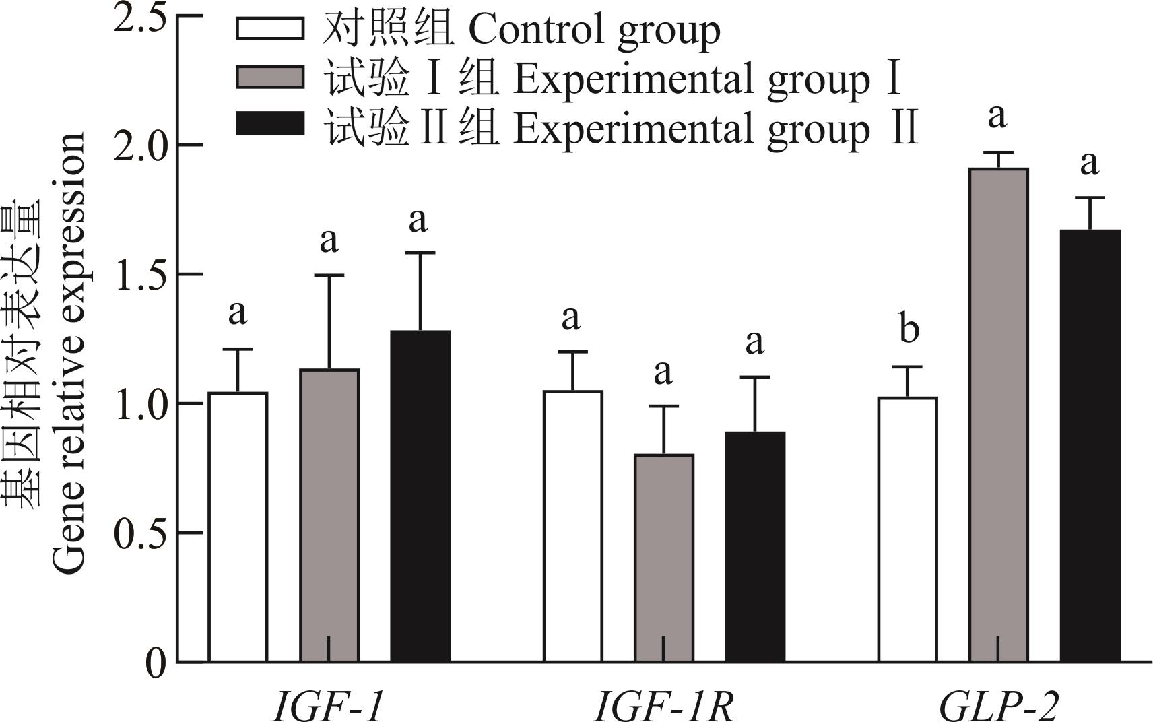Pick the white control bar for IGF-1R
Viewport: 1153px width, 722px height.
point(573,526)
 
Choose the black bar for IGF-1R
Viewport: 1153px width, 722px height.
point(755,546)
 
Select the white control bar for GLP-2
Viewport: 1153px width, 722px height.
point(908,529)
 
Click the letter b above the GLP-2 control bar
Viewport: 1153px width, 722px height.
point(909,329)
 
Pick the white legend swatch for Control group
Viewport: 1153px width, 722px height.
point(270,29)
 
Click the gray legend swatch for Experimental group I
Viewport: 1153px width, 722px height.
point(270,77)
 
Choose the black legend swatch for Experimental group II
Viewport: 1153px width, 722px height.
point(270,124)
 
